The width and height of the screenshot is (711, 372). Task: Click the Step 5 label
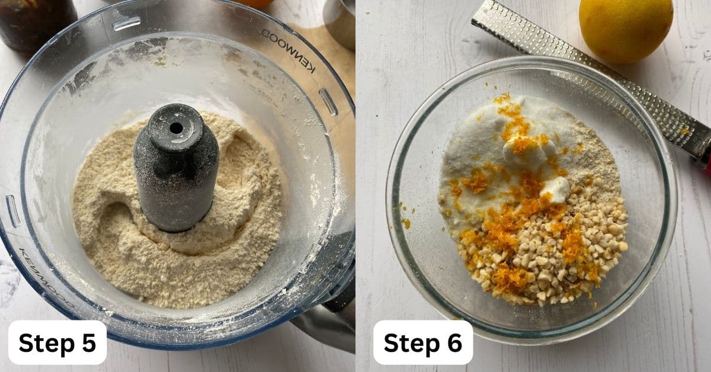[x=57, y=342]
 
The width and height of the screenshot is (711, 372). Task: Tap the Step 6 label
[x=422, y=342]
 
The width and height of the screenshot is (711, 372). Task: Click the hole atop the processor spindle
[x=176, y=127]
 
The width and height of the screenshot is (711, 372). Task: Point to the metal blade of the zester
[x=592, y=77]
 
